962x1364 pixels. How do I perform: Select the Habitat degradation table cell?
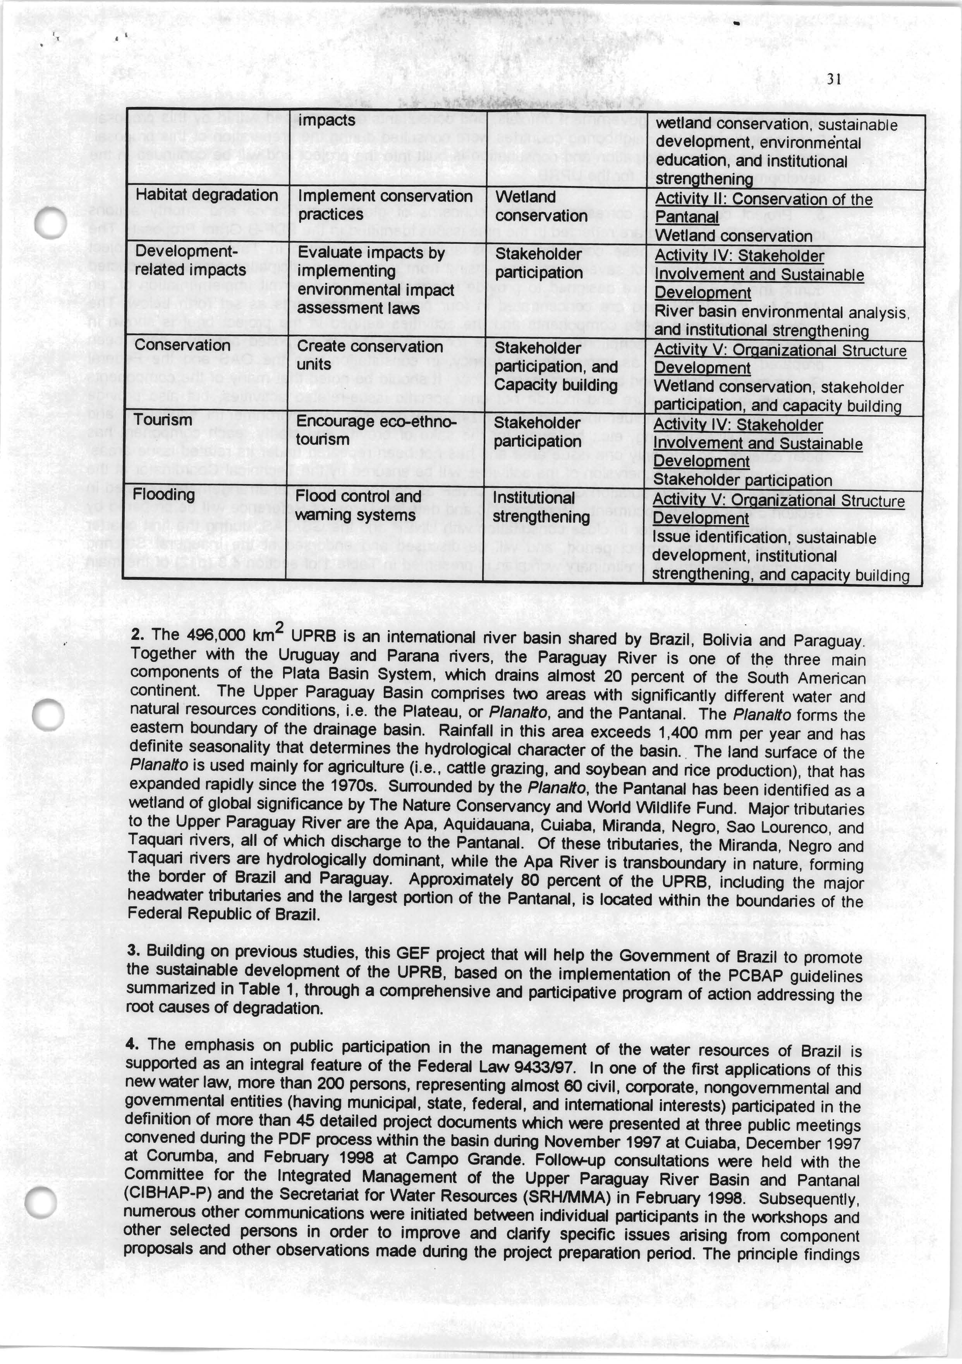pyautogui.click(x=207, y=195)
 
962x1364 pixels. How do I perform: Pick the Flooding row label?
pyautogui.click(x=164, y=494)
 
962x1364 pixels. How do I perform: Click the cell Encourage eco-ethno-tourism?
pyautogui.click(x=376, y=431)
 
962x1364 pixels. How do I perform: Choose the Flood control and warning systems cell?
pyautogui.click(x=358, y=506)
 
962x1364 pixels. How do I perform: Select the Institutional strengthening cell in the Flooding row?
pyautogui.click(x=541, y=507)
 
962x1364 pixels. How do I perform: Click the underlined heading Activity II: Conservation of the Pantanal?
pyautogui.click(x=763, y=208)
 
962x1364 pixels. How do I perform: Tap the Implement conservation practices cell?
pyautogui.click(x=385, y=205)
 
